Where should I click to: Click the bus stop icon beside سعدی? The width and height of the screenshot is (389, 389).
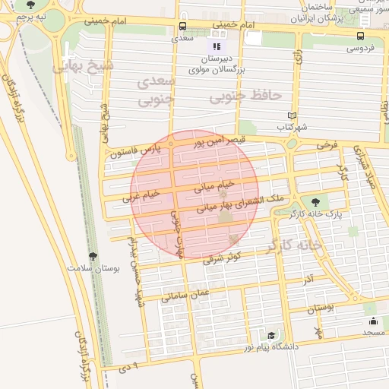182,25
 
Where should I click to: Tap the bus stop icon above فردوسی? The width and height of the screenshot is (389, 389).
360,35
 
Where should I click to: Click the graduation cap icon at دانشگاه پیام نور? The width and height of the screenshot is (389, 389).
271,335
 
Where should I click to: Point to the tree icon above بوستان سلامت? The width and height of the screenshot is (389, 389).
93,257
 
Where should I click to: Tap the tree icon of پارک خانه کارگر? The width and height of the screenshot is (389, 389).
315,202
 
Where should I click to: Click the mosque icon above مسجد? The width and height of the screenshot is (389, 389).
373,321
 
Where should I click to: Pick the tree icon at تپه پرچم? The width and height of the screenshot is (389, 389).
30,5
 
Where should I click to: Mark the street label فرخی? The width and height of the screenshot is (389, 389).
324,144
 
